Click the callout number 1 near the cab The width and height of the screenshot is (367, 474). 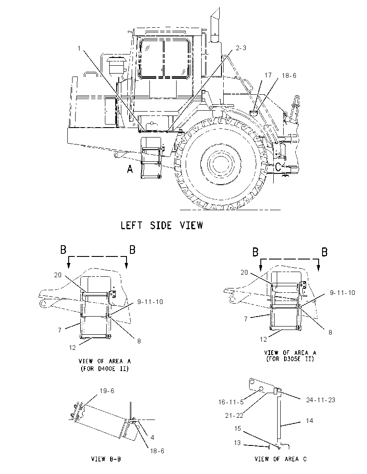(79, 48)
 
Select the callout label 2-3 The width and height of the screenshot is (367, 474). (240, 48)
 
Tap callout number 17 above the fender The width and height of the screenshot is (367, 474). (268, 75)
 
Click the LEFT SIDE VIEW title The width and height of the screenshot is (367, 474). (162, 225)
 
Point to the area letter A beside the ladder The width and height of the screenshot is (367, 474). (130, 169)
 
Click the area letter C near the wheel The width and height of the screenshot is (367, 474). (278, 167)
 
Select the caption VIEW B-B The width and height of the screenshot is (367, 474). (106, 459)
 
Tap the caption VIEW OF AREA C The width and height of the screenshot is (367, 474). (280, 459)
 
